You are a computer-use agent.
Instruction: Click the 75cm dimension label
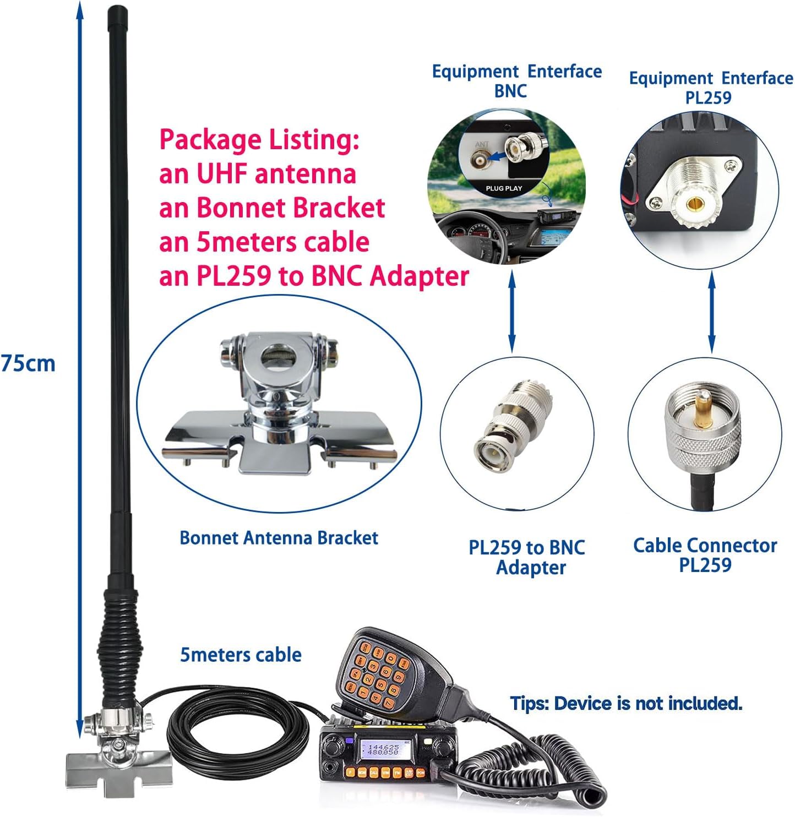click(28, 363)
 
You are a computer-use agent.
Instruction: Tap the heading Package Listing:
click(259, 139)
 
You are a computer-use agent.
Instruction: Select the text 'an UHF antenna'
click(258, 174)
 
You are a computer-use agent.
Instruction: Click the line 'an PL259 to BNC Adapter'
click(314, 276)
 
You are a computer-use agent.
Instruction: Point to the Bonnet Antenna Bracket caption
click(279, 538)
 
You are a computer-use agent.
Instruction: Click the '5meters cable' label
click(241, 655)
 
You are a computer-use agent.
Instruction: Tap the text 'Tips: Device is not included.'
click(626, 703)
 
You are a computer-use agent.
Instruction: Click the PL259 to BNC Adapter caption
click(527, 557)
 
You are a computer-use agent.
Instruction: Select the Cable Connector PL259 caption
click(705, 555)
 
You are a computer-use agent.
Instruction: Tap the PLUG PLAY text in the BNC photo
click(504, 188)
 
